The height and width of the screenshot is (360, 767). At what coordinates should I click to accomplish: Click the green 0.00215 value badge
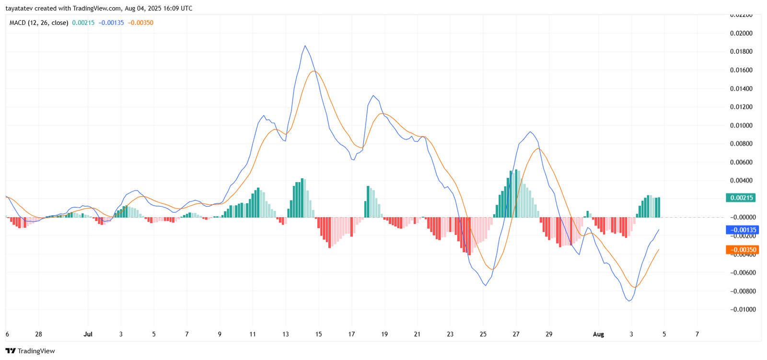pos(741,197)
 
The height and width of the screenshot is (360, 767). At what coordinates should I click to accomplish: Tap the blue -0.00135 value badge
pos(743,230)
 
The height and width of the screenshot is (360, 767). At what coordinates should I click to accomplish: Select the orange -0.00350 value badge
pos(743,250)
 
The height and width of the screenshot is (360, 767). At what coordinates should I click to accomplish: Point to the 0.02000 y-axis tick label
pos(741,33)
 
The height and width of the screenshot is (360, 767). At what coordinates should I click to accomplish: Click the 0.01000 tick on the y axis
pos(741,126)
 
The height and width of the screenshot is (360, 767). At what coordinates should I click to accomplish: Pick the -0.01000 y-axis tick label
pos(743,310)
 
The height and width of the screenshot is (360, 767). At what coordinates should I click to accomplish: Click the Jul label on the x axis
pos(88,334)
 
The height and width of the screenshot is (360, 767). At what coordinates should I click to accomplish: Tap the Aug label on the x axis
pos(598,334)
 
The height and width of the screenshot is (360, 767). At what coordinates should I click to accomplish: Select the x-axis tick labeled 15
pos(318,334)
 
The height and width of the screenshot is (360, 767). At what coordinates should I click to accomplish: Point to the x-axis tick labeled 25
pos(483,334)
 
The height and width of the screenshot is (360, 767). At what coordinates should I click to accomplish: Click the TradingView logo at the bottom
pos(30,351)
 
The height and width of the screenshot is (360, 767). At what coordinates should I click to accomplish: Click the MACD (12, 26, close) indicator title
pos(39,23)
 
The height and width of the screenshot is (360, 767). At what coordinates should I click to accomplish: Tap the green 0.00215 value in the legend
pos(83,23)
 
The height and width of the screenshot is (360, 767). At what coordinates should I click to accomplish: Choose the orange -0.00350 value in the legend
pos(140,23)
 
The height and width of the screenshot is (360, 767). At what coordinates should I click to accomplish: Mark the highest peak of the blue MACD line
pos(305,46)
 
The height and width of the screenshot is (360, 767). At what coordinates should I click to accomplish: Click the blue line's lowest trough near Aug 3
pos(629,301)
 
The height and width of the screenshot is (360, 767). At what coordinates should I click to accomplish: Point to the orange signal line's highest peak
pos(314,71)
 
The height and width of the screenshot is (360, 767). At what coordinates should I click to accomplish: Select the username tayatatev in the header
pos(19,8)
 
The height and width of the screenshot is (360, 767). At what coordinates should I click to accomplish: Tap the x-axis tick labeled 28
pos(39,334)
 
